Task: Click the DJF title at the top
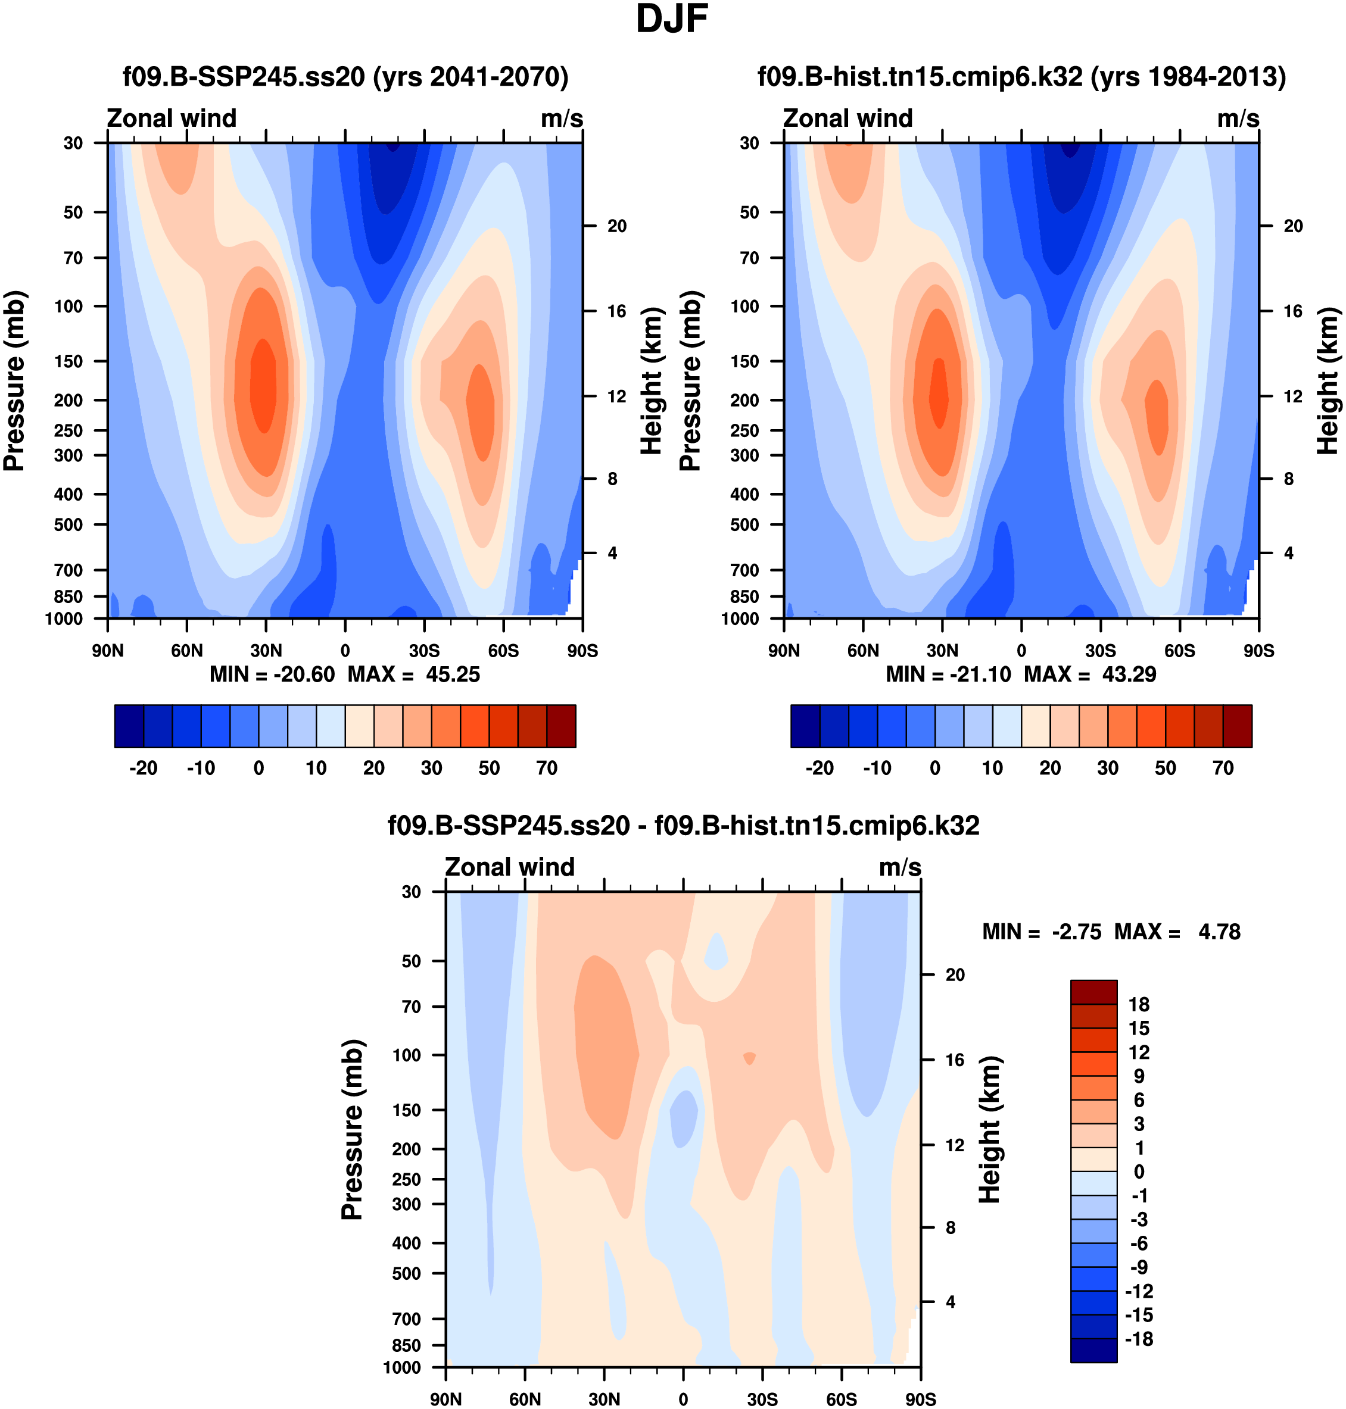click(x=672, y=20)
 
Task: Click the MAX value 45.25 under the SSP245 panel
click(x=453, y=675)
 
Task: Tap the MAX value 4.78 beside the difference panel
click(x=1219, y=932)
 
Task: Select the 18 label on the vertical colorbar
click(x=1139, y=1005)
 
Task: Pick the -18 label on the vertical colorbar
click(x=1139, y=1339)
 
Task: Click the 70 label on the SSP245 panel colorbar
click(x=547, y=768)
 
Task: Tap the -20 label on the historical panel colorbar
click(x=820, y=768)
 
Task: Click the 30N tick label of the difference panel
click(x=604, y=1399)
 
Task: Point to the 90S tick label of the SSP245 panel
click(x=582, y=651)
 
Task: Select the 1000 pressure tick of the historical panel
click(x=740, y=619)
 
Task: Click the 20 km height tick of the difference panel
click(x=955, y=974)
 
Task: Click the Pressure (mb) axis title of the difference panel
click(x=353, y=1129)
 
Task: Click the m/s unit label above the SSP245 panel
click(x=562, y=118)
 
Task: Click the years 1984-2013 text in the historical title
click(x=1188, y=76)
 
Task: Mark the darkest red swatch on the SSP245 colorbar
click(x=561, y=726)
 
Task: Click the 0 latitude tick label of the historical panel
click(x=1021, y=651)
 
